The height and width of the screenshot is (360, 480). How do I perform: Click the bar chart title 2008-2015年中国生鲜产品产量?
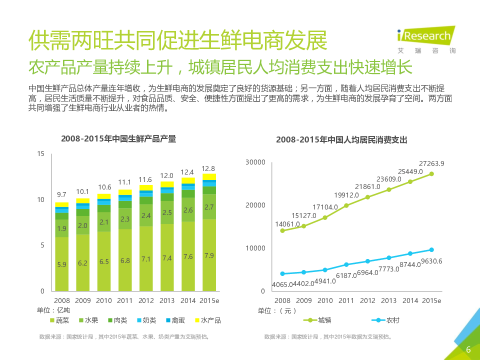coord(118,139)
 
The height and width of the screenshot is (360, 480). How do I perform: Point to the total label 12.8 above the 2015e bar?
coord(208,168)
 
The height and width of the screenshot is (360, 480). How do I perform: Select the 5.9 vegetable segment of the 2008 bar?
coord(62,264)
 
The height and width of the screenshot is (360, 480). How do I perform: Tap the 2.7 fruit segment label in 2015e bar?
coord(209,206)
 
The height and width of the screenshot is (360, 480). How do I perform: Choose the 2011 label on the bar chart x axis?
coord(125,300)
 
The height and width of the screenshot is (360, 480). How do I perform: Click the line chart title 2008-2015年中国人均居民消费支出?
coord(341,140)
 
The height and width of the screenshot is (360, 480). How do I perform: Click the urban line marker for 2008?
coord(282,230)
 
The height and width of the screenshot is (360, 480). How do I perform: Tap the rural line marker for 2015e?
coord(431,250)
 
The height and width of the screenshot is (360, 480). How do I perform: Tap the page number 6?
coord(468,349)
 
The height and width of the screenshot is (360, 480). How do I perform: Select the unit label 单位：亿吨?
coord(53,310)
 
